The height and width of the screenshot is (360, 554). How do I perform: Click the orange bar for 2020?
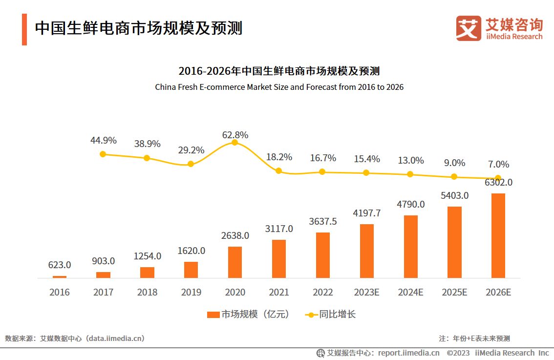(234, 262)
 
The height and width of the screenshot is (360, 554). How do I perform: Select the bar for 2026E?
(498, 235)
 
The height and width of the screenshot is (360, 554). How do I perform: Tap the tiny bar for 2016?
(59, 276)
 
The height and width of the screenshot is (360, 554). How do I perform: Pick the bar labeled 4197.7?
(366, 251)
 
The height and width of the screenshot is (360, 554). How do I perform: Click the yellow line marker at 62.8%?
(234, 142)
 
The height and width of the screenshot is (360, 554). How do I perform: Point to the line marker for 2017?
(103, 154)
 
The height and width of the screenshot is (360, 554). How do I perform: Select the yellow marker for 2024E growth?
(410, 174)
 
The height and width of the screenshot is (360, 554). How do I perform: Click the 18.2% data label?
(279, 157)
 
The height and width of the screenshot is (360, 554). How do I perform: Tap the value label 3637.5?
(322, 221)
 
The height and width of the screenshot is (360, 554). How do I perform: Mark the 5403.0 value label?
(454, 195)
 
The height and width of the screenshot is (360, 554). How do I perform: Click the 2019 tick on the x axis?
(191, 292)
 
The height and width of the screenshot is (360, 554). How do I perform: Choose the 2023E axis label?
(366, 292)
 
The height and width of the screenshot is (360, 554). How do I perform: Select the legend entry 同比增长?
(330, 315)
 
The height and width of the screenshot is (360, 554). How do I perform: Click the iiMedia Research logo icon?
(468, 28)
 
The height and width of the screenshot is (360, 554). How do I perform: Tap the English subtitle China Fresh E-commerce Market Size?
(279, 87)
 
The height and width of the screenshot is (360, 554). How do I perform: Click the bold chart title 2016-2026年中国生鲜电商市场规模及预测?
(279, 71)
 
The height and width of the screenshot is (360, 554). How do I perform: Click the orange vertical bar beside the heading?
(24, 29)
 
